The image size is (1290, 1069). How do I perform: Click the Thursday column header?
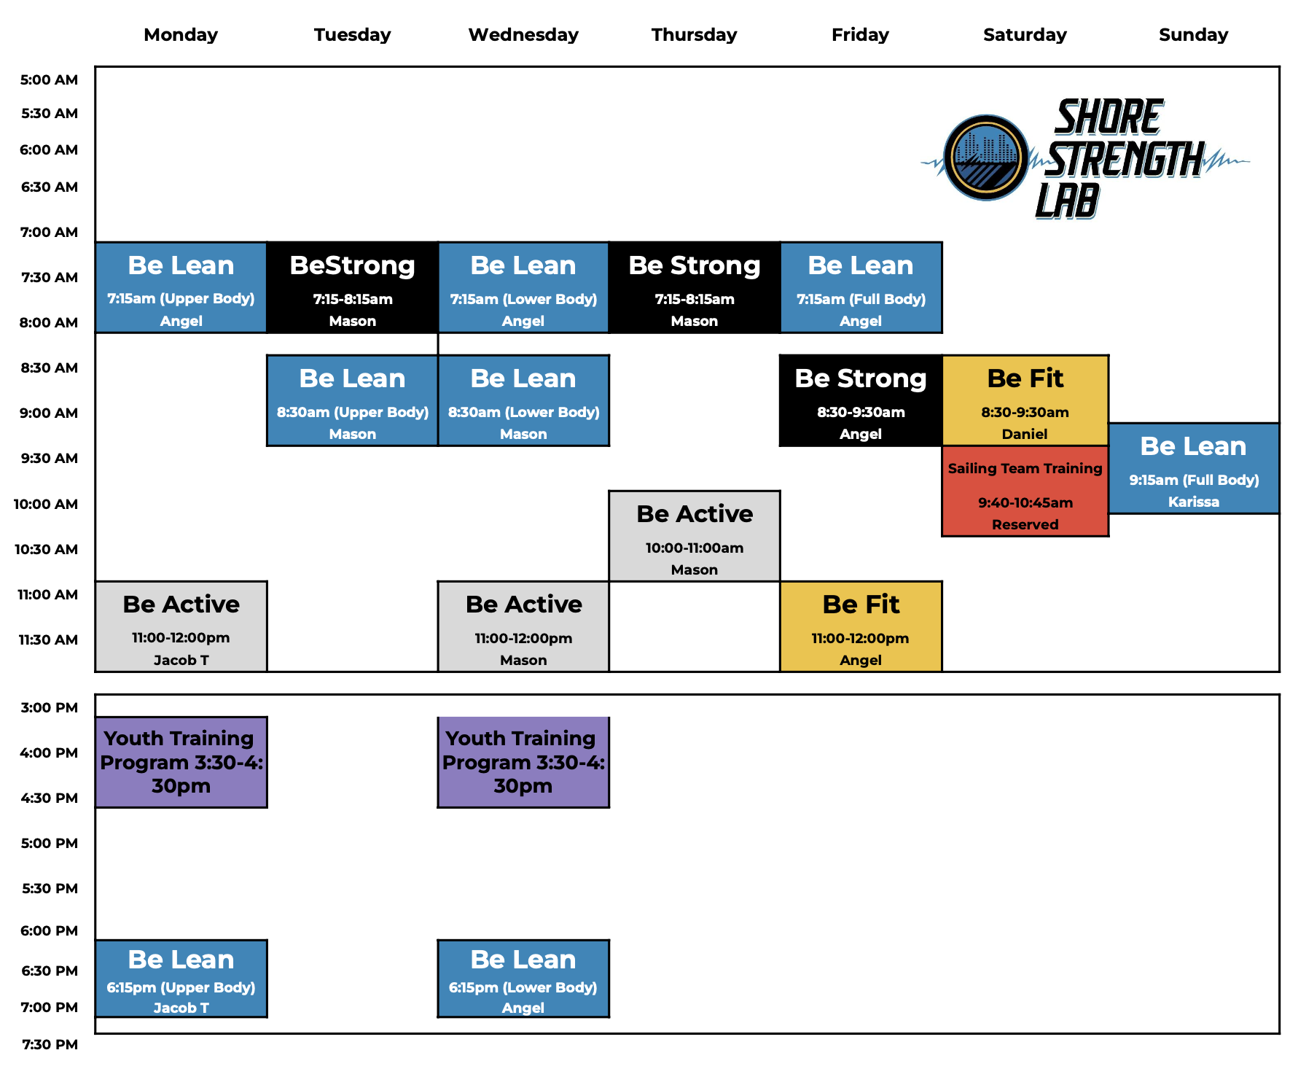point(694,34)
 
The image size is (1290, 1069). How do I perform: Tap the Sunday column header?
point(1193,34)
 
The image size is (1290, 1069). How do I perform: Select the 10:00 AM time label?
point(45,504)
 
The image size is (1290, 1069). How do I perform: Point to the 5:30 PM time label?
point(49,888)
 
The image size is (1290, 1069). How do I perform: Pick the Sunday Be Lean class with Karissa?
point(1193,468)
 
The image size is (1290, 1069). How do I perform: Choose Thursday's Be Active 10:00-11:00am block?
point(694,536)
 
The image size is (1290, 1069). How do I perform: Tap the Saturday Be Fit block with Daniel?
point(1025,400)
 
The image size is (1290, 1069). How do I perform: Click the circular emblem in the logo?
point(986,158)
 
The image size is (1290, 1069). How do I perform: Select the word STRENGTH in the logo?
point(1124,160)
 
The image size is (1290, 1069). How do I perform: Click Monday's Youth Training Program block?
point(181,762)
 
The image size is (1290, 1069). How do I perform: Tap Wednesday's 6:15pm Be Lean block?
point(523,978)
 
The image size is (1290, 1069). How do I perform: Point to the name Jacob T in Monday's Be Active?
point(181,660)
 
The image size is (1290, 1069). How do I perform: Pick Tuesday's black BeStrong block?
point(352,287)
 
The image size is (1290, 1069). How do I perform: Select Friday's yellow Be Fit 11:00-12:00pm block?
point(860,626)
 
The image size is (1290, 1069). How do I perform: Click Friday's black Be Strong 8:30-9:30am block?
point(860,400)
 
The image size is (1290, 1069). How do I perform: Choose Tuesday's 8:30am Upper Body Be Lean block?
point(352,400)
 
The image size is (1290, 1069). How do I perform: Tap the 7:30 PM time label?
point(49,1044)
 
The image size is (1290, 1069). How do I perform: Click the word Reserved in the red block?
point(1025,524)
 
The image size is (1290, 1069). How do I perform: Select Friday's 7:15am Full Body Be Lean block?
point(860,287)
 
